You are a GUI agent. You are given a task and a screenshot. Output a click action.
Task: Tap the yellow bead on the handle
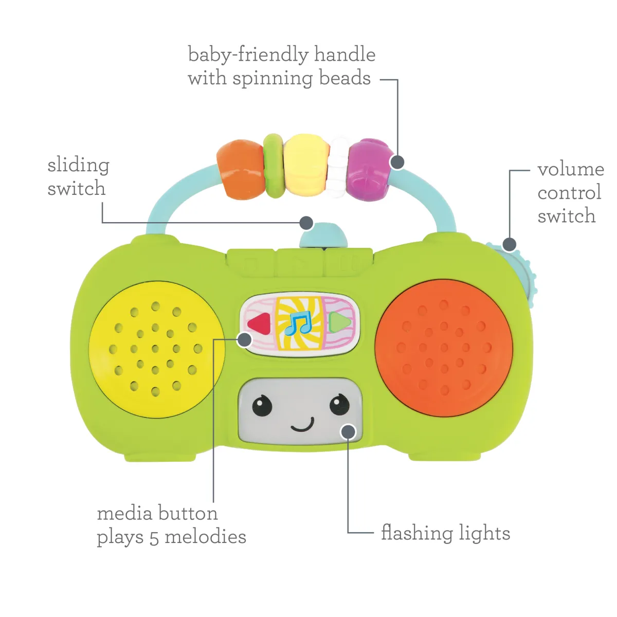point(306,165)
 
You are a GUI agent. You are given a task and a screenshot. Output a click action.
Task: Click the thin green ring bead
point(273,166)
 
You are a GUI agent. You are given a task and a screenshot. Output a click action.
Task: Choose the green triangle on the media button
point(340,322)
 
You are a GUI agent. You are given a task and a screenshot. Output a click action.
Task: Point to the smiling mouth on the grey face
point(302,425)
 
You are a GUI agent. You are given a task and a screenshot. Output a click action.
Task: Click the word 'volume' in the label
point(570,169)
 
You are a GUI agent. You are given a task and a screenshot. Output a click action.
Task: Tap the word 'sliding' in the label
point(78,166)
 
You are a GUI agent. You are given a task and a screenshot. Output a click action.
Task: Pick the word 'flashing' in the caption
point(416,533)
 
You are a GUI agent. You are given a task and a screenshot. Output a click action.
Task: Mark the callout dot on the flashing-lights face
point(348,431)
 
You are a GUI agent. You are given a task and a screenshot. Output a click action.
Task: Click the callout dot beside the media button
point(245,339)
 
